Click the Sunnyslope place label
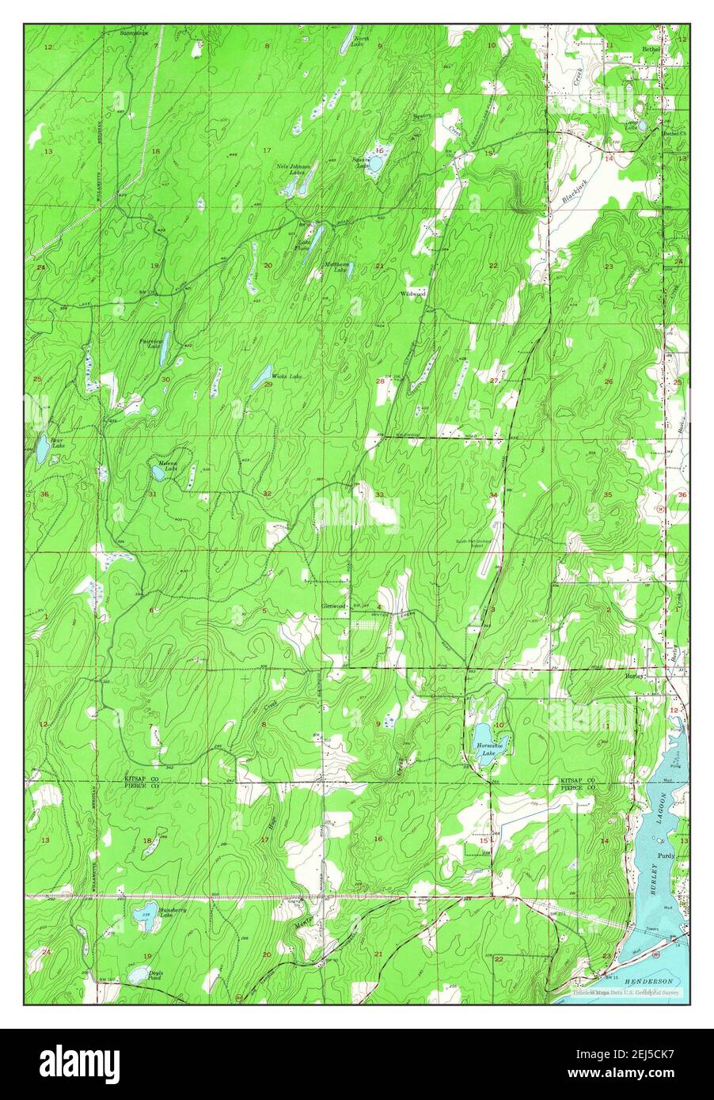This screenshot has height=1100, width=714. point(134,33)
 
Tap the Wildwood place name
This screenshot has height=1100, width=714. point(413,294)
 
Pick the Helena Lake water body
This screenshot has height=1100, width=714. point(158,473)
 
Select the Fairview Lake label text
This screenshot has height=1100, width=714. point(150,344)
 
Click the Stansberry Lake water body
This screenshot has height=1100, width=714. point(143,917)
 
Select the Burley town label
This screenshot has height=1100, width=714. point(633,677)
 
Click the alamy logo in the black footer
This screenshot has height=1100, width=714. point(79,1060)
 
